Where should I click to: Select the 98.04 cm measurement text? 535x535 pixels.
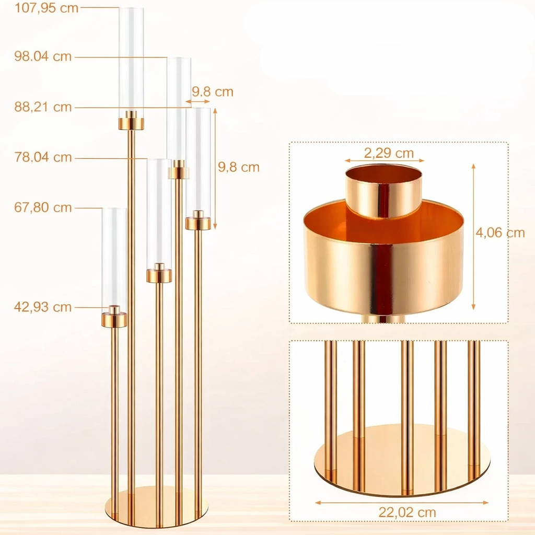43,56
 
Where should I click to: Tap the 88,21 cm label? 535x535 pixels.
43,107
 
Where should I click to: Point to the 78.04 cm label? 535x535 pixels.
43,157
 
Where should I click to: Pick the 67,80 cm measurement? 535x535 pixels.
43,207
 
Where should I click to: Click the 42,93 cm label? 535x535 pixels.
43,307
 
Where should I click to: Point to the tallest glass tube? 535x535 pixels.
131,60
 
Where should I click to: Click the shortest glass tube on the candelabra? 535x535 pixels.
114,256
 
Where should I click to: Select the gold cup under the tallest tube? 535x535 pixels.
131,123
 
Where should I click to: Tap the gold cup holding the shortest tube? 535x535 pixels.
114,319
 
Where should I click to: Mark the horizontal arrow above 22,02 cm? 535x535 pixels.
402,503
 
